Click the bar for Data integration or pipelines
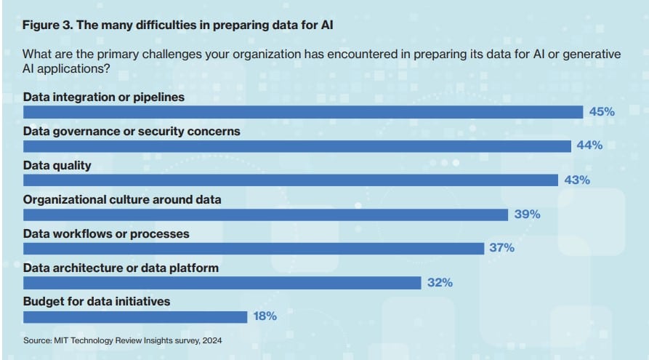pyautogui.click(x=303, y=112)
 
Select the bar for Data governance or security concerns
pyautogui.click(x=297, y=146)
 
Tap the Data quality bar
pyautogui.click(x=291, y=180)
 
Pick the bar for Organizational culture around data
pyautogui.click(x=265, y=215)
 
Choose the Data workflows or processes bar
pyautogui.click(x=254, y=249)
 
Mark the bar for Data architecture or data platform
pyautogui.click(x=222, y=283)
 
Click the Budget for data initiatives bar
pyautogui.click(x=135, y=316)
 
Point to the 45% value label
pyautogui.click(x=602, y=112)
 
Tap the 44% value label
pyautogui.click(x=589, y=145)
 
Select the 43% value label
pyautogui.click(x=577, y=180)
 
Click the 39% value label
pyautogui.click(x=527, y=215)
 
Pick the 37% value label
pyautogui.click(x=501, y=248)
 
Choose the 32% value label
pyautogui.click(x=440, y=282)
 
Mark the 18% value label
pyautogui.click(x=265, y=316)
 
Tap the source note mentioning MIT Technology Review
pyautogui.click(x=122, y=340)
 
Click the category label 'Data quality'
pyautogui.click(x=57, y=166)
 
